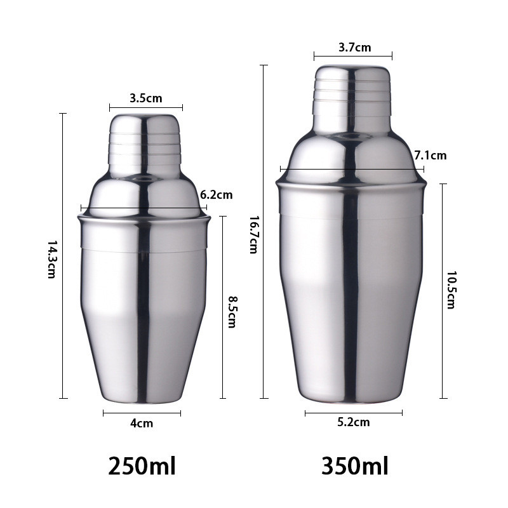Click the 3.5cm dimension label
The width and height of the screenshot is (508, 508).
point(145,98)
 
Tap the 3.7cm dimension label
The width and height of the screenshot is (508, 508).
point(354,48)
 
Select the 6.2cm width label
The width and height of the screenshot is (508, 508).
point(216,195)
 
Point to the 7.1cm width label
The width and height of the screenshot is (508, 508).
point(430,155)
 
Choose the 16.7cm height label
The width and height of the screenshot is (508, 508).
point(252,235)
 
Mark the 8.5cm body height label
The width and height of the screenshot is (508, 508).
point(232,312)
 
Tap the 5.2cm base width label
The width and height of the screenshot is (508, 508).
point(354,422)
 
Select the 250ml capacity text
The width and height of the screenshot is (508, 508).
point(142,466)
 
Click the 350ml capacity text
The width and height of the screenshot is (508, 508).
point(354,466)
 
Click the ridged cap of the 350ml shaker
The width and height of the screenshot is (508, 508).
point(352,89)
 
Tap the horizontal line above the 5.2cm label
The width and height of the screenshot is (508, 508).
point(353,413)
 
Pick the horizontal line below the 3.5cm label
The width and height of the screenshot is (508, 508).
point(145,107)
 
